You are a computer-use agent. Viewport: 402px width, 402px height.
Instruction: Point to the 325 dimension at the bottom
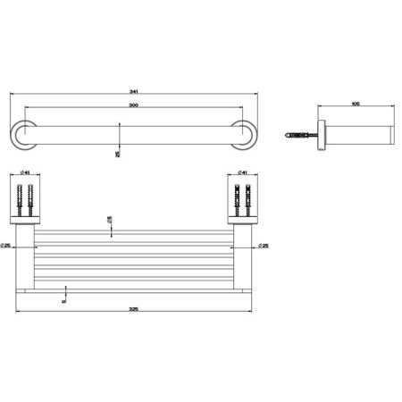(133, 309)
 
